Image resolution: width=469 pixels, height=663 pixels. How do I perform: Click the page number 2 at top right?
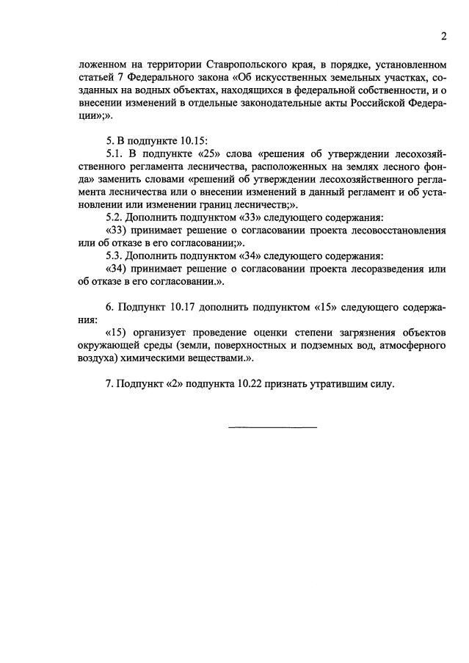(443, 36)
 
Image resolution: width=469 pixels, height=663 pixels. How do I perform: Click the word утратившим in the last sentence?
(342, 383)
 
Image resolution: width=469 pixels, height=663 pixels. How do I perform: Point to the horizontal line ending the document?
(273, 427)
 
